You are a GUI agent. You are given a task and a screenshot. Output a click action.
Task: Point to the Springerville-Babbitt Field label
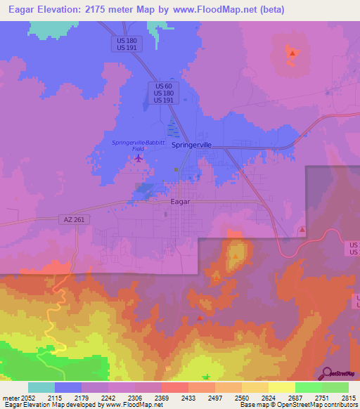[139, 145]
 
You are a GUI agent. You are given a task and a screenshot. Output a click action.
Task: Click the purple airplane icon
[139, 157]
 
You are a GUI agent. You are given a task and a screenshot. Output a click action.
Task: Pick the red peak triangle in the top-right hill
[292, 53]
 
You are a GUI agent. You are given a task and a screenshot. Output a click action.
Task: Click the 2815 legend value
[349, 397]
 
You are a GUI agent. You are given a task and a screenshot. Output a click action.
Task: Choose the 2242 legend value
[108, 397]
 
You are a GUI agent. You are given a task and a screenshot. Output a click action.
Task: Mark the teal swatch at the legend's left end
[41, 387]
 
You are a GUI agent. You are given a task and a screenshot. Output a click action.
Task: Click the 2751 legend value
[323, 397]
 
